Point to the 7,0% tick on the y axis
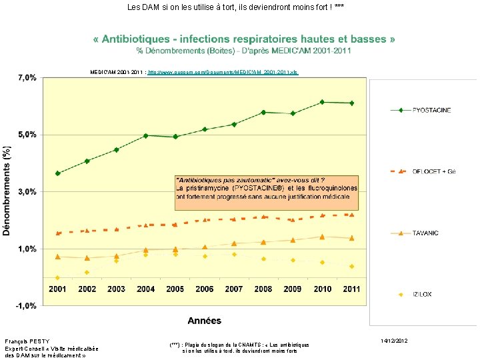tap(26, 78)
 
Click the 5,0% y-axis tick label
tap(26, 135)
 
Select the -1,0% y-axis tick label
tap(25, 306)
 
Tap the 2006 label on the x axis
tap(205, 289)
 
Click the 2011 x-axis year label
tap(351, 289)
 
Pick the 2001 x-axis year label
tap(58, 289)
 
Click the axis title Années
tap(204, 321)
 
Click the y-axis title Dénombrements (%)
tap(7, 191)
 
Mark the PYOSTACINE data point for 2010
tap(322, 102)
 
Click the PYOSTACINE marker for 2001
tap(58, 173)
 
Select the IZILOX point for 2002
tap(87, 272)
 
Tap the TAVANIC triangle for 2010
tap(322, 237)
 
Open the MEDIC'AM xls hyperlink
tap(223, 71)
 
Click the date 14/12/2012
tap(394, 341)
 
